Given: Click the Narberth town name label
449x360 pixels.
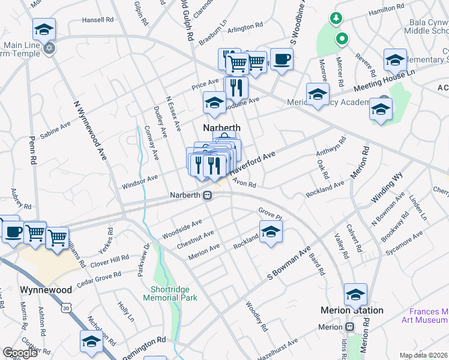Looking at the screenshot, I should tap(221, 128).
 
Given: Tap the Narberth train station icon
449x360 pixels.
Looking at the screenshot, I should tap(208, 196).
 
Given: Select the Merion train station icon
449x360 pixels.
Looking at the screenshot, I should tap(350, 327).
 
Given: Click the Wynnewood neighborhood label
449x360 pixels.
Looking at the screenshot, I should tap(46, 290).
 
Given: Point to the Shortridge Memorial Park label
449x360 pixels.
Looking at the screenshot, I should tap(174, 293).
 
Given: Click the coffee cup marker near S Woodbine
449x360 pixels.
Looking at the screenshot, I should tap(281, 59).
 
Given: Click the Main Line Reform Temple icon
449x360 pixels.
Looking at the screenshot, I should tap(49, 47).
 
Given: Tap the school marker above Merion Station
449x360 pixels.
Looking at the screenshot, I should tap(355, 295).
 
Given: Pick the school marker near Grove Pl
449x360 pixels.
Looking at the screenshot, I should tap(271, 231).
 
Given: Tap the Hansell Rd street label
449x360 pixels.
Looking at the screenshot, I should tap(98, 20).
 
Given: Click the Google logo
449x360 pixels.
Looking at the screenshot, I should tap(20, 353).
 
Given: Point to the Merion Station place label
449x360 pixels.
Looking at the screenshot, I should tap(352, 310).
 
